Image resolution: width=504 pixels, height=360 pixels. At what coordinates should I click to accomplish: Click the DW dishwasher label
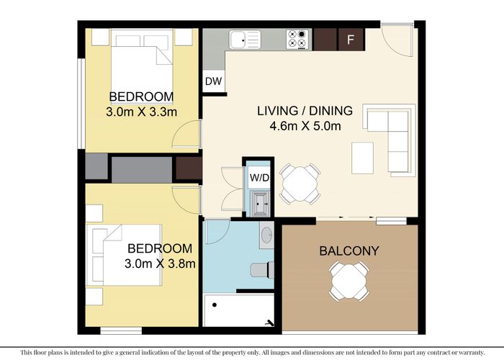click(x=213, y=81)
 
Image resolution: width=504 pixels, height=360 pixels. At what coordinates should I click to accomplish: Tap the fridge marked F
click(x=351, y=40)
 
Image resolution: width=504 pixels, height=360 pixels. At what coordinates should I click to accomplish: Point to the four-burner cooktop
click(x=297, y=39)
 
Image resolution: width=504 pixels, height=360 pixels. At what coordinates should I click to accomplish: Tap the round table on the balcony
click(x=349, y=279)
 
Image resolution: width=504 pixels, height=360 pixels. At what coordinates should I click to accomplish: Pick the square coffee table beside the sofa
click(x=362, y=158)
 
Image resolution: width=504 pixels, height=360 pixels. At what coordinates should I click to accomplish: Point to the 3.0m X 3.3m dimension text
click(x=141, y=112)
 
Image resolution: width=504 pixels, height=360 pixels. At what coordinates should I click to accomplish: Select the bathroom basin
click(x=266, y=236)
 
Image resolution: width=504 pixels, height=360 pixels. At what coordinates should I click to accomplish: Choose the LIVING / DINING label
click(x=305, y=111)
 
